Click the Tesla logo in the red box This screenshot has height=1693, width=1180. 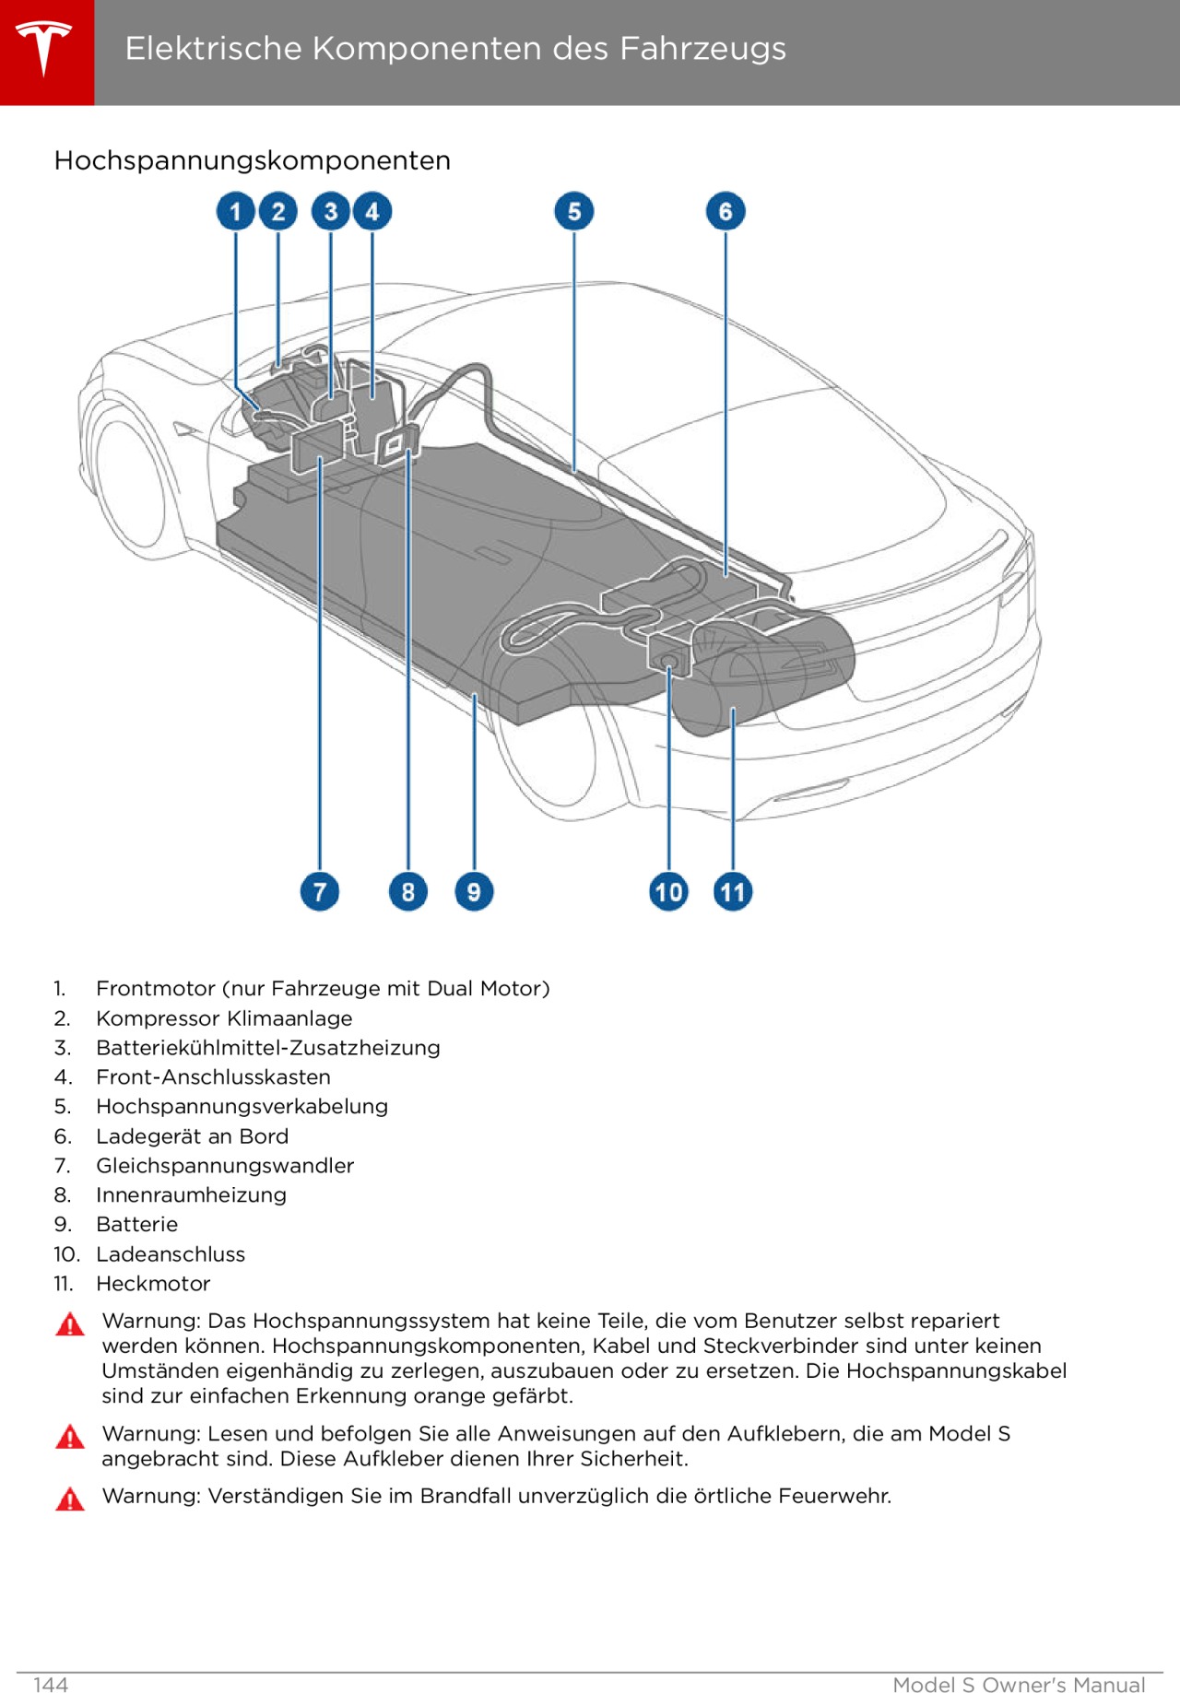(44, 48)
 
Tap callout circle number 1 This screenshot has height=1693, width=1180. (235, 212)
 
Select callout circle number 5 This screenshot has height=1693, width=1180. (573, 212)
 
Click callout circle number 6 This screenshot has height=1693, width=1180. (726, 212)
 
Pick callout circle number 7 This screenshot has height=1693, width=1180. (319, 891)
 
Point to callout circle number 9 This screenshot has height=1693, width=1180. (474, 891)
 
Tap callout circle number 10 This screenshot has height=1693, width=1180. (668, 891)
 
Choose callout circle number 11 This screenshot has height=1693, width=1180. (733, 891)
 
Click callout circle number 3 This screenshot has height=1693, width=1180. (331, 212)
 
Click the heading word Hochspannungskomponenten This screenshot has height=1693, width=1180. (252, 160)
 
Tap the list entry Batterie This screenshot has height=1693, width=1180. (136, 1225)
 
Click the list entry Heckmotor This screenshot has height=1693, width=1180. (153, 1284)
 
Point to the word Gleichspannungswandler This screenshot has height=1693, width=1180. (225, 1166)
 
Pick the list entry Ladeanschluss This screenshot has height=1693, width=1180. (171, 1254)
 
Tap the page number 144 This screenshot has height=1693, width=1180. (51, 1685)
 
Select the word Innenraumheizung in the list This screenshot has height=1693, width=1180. (191, 1195)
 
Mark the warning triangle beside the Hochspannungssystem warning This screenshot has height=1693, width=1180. (70, 1325)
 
